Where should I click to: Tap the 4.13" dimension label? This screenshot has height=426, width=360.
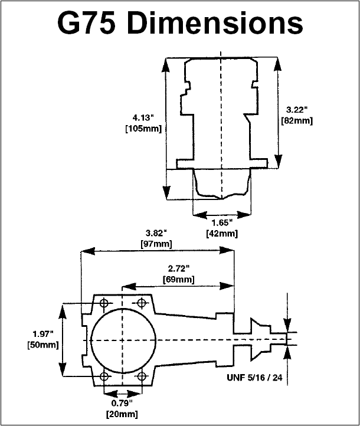pyautogui.click(x=143, y=118)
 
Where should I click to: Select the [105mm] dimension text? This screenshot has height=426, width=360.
pyautogui.click(x=143, y=129)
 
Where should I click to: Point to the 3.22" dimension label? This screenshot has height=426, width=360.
pyautogui.click(x=297, y=110)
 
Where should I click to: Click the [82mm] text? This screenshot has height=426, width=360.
pyautogui.click(x=297, y=120)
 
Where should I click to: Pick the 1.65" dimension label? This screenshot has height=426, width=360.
pyautogui.click(x=222, y=223)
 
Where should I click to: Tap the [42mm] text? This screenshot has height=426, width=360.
pyautogui.click(x=222, y=234)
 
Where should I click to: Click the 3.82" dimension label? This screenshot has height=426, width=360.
pyautogui.click(x=156, y=233)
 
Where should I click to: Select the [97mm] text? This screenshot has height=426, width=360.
pyautogui.click(x=156, y=244)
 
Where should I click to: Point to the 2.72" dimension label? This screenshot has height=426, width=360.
pyautogui.click(x=178, y=268)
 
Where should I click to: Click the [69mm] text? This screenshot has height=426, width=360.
pyautogui.click(x=178, y=279)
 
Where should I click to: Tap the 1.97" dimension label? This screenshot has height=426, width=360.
pyautogui.click(x=43, y=334)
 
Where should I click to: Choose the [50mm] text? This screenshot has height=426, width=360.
pyautogui.click(x=43, y=345)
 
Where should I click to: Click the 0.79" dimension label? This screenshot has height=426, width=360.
pyautogui.click(x=122, y=403)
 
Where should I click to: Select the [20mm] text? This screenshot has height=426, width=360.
pyautogui.click(x=122, y=414)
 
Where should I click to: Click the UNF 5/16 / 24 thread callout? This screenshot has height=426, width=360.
pyautogui.click(x=254, y=378)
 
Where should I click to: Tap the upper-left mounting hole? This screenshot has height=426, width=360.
pyautogui.click(x=104, y=302)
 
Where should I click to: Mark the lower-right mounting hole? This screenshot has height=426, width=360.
pyautogui.click(x=142, y=376)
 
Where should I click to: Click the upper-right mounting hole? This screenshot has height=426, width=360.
pyautogui.click(x=142, y=302)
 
